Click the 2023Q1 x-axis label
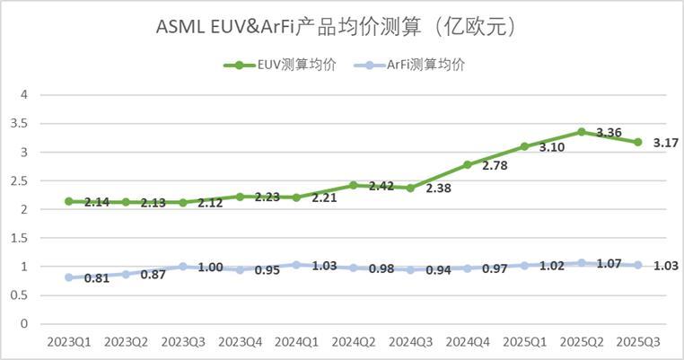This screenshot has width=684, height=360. pos(68,342)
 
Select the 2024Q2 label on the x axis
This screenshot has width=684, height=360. pos(354,342)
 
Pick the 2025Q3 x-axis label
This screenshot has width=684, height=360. pos(638,342)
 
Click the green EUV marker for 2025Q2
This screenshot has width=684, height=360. pos(582,131)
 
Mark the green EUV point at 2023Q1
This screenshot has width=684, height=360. pos(69,201)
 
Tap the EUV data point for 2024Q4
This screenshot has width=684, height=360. pos(468,164)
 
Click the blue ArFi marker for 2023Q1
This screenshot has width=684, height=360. pos(69,277)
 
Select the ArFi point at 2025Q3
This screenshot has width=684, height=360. pos(638,265)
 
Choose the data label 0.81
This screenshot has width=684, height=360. pos(96,278)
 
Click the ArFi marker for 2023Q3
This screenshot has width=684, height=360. pos(183,267)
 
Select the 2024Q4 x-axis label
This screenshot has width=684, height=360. pos(468,342)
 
